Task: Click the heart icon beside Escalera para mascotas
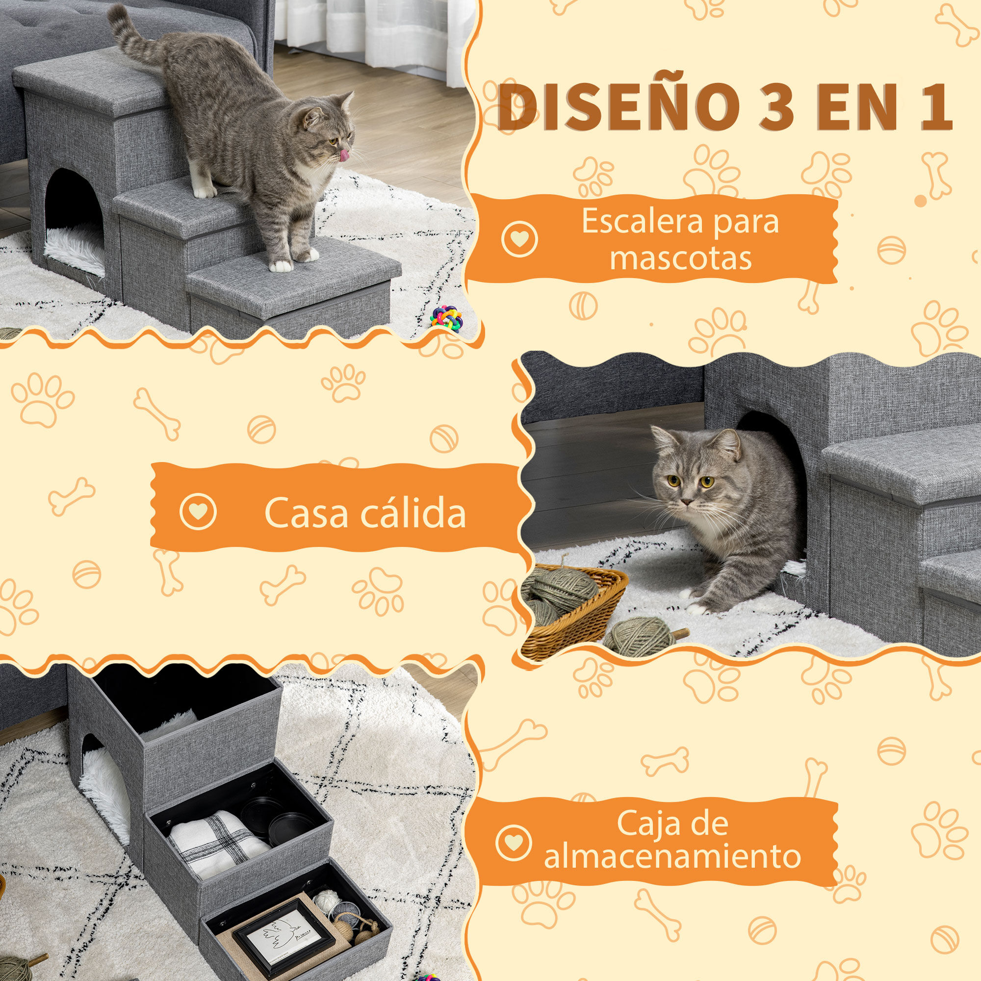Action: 518,238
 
